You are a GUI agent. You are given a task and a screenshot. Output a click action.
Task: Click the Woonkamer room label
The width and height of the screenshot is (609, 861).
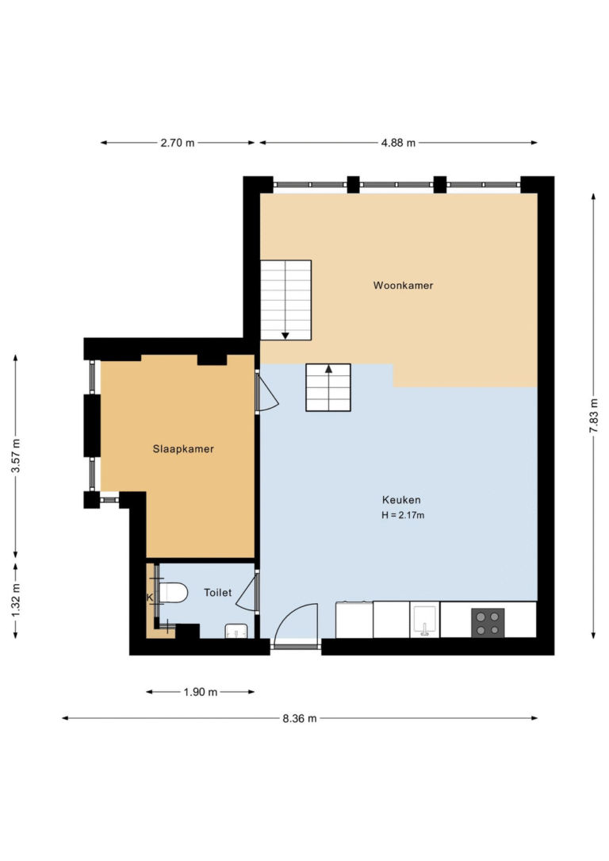404,286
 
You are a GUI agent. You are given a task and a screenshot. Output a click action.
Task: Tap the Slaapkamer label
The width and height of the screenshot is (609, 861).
183,449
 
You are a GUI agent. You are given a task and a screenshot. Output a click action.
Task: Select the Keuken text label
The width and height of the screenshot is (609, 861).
401,500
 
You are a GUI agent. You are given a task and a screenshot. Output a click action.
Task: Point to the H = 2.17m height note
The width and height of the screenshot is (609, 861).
403,515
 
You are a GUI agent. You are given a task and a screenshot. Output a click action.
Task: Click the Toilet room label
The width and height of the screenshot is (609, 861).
218,593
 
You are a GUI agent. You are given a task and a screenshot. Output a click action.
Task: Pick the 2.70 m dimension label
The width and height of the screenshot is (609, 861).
177,143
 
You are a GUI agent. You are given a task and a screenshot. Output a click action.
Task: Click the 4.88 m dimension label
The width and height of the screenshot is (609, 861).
398,143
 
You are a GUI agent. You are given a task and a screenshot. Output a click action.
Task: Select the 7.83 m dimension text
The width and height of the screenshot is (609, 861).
594,416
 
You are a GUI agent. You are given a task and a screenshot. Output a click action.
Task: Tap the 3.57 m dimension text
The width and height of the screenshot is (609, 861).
16,455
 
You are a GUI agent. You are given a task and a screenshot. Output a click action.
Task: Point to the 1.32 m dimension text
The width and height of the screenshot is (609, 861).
16,600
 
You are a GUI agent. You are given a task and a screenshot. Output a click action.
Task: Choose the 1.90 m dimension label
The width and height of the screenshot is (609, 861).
201,692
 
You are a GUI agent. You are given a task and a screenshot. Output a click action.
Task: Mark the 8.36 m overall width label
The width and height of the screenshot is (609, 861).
300,718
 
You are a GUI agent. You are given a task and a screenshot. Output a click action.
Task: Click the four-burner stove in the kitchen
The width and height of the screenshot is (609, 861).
488,623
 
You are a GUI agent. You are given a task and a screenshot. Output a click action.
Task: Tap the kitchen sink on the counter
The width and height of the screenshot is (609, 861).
425,621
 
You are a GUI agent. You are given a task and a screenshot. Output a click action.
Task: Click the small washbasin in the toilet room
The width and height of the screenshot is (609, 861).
236,631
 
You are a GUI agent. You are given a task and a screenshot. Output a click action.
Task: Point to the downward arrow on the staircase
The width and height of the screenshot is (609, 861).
285,336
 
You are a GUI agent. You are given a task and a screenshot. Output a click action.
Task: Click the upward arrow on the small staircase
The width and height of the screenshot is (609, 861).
328,369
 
